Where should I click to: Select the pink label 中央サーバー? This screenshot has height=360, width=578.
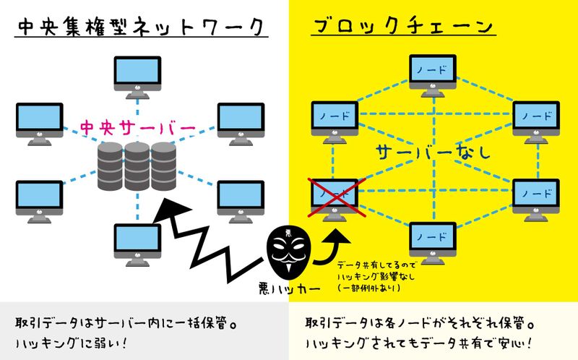tap(138, 129)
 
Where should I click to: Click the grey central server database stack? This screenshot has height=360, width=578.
tap(137, 165)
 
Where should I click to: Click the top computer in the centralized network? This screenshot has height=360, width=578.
tap(137, 74)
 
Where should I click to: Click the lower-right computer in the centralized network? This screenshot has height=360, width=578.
tap(240, 198)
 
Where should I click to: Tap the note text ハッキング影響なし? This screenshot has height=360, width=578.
tap(379, 275)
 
